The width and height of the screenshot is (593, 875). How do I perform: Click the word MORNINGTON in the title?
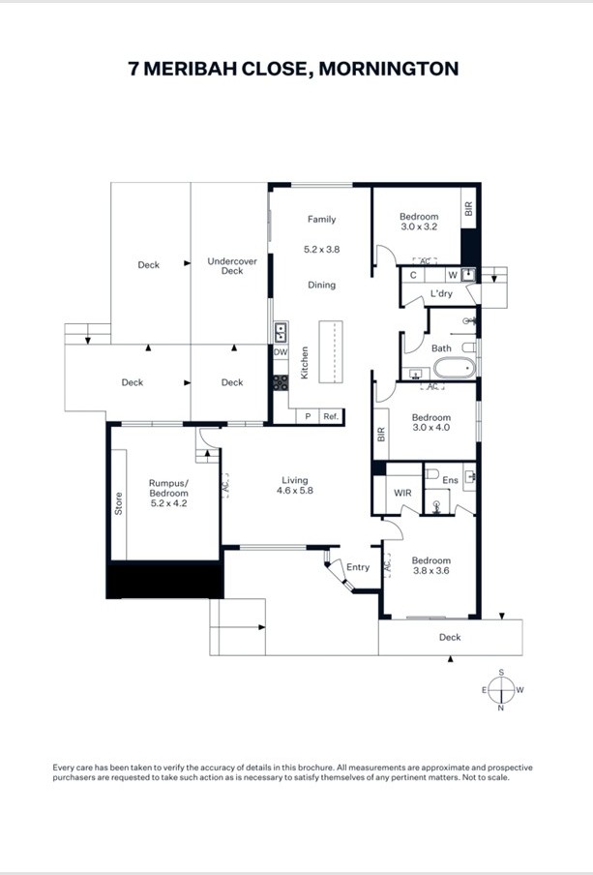click(388, 69)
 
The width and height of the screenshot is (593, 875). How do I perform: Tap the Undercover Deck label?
click(232, 265)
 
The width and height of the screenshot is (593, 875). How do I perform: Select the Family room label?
click(322, 220)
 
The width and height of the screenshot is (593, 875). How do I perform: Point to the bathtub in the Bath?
click(455, 368)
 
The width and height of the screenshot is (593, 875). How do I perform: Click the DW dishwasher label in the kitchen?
click(281, 352)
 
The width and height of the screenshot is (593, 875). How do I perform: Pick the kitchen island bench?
click(331, 351)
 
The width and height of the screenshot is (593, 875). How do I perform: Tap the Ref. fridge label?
click(331, 416)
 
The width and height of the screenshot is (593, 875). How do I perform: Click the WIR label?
click(402, 493)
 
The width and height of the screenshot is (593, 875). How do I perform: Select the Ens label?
click(450, 480)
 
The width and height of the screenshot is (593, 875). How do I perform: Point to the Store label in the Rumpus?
click(118, 503)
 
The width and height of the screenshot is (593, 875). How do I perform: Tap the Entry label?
click(358, 567)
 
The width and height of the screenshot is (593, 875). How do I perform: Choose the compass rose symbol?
click(501, 690)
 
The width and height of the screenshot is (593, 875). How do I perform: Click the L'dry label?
click(441, 293)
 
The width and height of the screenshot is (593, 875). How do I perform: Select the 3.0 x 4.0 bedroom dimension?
click(431, 428)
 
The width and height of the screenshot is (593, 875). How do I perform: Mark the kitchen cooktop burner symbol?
click(281, 383)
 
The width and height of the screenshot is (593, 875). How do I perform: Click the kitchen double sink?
click(281, 333)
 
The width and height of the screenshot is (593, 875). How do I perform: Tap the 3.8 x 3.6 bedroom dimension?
click(431, 570)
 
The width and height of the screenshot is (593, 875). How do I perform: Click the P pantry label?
click(308, 416)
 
